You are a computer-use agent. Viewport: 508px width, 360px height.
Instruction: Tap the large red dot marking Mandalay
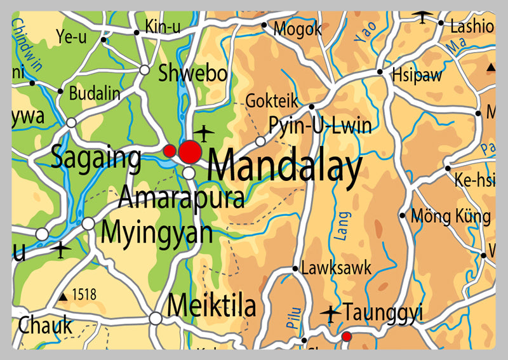[x=190, y=152]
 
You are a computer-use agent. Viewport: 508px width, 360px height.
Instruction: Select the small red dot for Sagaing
[x=170, y=150]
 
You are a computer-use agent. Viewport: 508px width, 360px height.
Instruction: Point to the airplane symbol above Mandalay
[x=204, y=133]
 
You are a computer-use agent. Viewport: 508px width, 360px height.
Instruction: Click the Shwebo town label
[x=192, y=74]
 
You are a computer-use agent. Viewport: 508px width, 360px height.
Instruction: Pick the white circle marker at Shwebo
[x=145, y=70]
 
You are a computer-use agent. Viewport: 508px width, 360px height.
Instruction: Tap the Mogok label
[x=297, y=29]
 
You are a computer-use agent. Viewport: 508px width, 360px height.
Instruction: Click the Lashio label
[x=471, y=27]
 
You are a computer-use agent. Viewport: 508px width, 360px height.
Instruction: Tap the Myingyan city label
[x=157, y=232]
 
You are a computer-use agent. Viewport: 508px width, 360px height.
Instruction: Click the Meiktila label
[x=211, y=307]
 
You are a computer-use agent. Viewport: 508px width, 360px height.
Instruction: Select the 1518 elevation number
[x=84, y=295]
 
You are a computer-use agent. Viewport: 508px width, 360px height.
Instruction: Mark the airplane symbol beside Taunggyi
[x=330, y=313]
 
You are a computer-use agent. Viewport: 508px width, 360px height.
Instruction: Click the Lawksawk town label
[x=336, y=268]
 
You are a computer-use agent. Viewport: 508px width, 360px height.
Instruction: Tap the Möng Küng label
[x=451, y=217]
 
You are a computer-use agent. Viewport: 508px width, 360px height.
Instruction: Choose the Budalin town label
[x=94, y=93]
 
